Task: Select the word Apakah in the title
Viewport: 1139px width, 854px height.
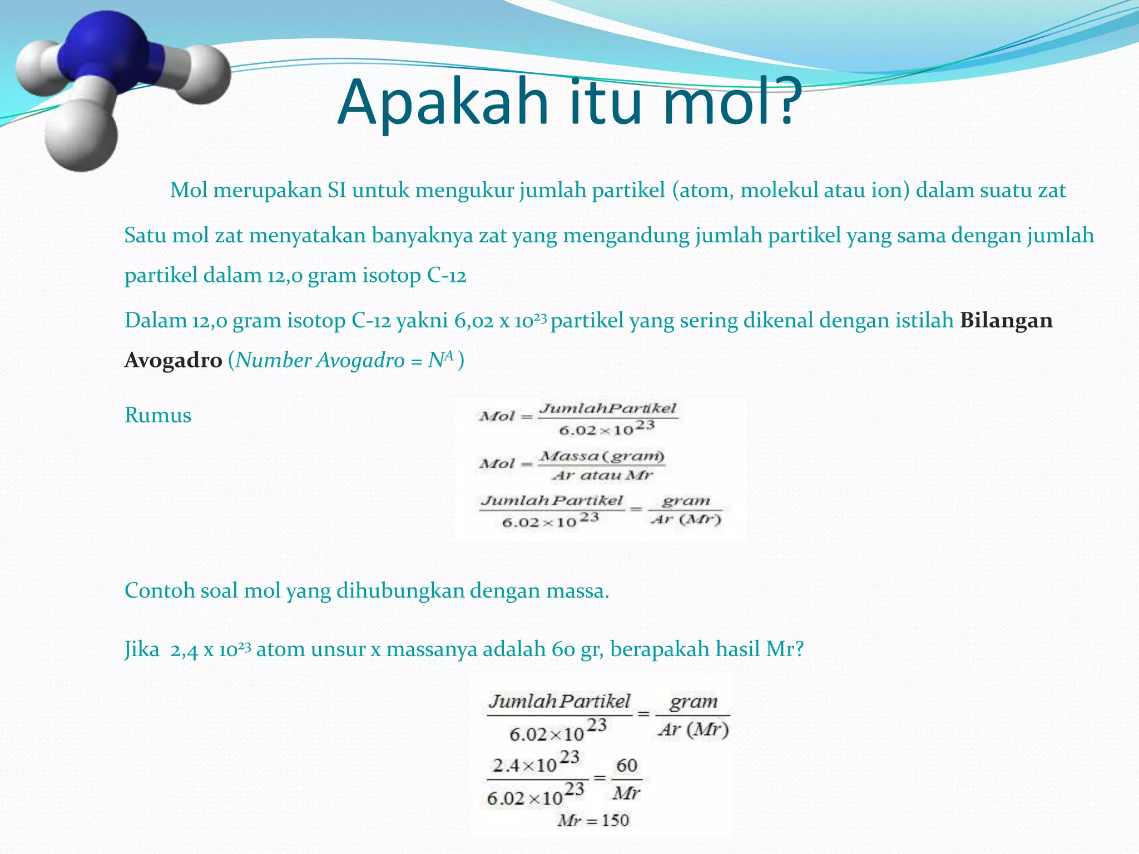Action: coord(443,103)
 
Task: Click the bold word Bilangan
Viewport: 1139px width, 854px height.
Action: coord(1006,321)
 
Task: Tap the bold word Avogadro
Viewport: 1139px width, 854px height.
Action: coord(174,360)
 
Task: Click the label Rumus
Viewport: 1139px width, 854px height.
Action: coord(158,415)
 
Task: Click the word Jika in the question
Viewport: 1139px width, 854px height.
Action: coord(141,649)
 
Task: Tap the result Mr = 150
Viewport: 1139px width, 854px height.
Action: coord(593,821)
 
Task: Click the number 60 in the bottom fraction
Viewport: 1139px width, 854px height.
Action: coord(626,766)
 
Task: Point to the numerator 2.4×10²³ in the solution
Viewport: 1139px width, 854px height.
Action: coord(536,764)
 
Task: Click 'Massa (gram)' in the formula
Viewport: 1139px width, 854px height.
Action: coord(602,456)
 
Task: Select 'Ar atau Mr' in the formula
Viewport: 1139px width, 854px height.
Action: coord(602,475)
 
